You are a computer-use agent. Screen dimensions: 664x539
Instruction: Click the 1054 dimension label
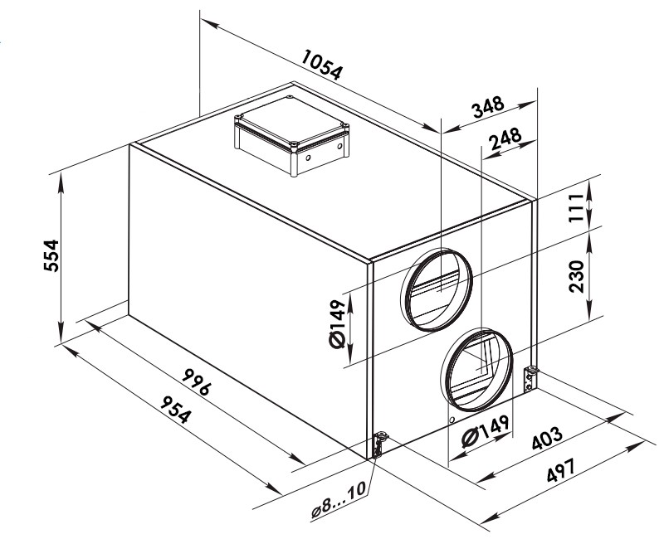(x=321, y=65)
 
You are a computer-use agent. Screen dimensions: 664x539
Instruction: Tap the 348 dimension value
(x=488, y=108)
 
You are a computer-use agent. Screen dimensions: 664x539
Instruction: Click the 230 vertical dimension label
(x=576, y=276)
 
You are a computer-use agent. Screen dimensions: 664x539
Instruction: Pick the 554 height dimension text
(x=51, y=255)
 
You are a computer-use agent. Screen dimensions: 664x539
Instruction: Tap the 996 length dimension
(x=197, y=381)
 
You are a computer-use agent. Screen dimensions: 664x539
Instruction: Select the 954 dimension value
(x=175, y=409)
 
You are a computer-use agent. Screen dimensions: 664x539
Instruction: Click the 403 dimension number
(x=548, y=439)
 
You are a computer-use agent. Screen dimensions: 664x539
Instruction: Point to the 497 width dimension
(x=561, y=469)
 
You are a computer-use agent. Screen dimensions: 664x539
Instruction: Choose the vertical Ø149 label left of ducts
(x=338, y=323)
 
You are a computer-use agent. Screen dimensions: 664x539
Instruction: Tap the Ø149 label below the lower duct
(x=485, y=430)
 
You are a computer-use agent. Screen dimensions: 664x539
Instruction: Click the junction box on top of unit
(x=292, y=136)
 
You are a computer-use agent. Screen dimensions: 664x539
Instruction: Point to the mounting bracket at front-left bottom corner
(x=378, y=444)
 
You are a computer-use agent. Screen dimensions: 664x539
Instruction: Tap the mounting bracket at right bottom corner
(x=530, y=379)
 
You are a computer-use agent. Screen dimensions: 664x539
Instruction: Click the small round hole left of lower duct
(x=452, y=420)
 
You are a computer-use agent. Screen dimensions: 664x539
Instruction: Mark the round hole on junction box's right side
(x=339, y=147)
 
